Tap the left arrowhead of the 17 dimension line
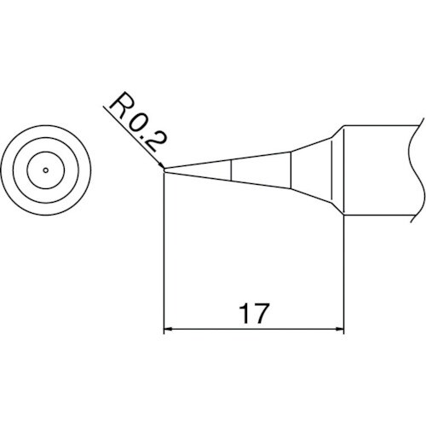coord(169,328)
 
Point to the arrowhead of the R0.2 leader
coord(160,166)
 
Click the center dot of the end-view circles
coord(44,170)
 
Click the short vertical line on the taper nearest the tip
coord(232,170)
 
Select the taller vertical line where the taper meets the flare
coord(292,170)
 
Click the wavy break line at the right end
coord(417,170)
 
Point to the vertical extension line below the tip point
coord(164,256)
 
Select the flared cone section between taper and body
coord(317,170)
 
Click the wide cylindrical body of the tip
coord(379,170)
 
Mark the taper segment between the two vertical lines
coord(262,170)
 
